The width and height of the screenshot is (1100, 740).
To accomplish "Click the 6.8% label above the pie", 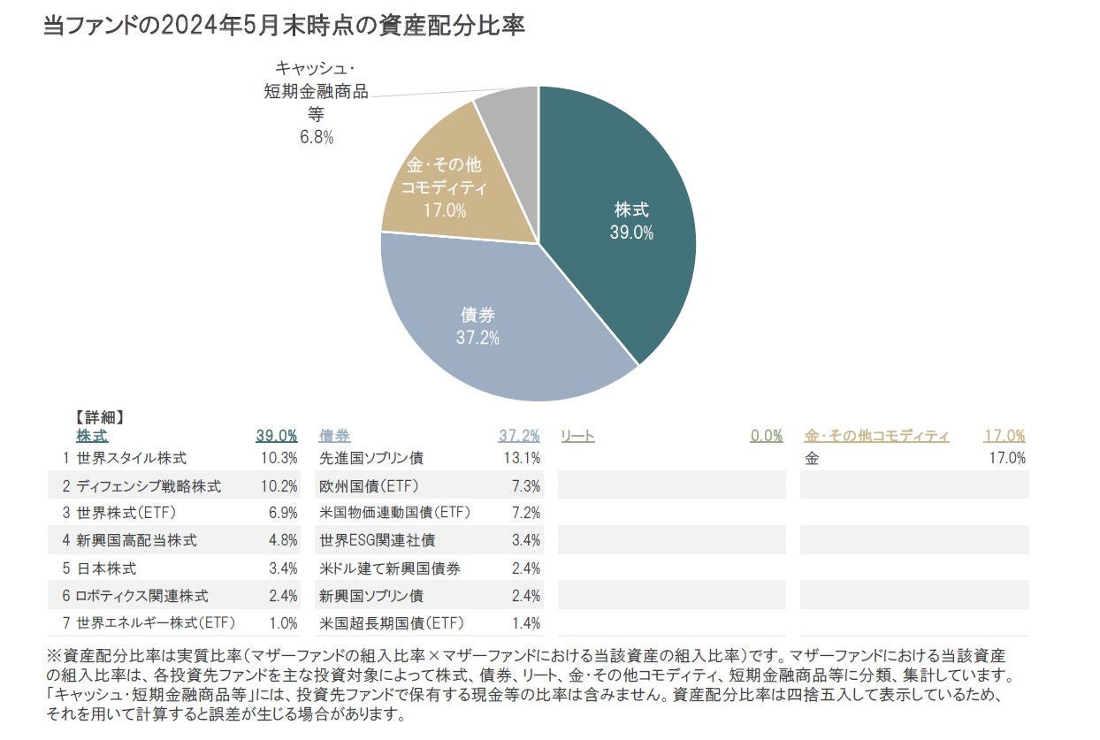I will point(316,137).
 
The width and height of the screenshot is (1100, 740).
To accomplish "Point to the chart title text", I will point(284,26).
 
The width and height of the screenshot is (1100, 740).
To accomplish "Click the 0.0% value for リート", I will point(766,436).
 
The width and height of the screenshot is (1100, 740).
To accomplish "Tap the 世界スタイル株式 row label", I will point(132,458).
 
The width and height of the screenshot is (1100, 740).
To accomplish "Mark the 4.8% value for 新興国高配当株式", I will point(283,540).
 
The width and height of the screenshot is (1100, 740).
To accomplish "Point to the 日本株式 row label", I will point(106,568).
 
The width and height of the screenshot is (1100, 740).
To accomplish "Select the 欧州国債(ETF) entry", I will point(369,486).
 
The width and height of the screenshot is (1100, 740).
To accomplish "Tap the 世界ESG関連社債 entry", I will point(377,540).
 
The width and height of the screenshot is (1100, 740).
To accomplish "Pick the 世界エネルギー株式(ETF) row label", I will point(156,623).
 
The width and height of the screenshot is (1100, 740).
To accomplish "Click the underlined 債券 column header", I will point(334,436).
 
